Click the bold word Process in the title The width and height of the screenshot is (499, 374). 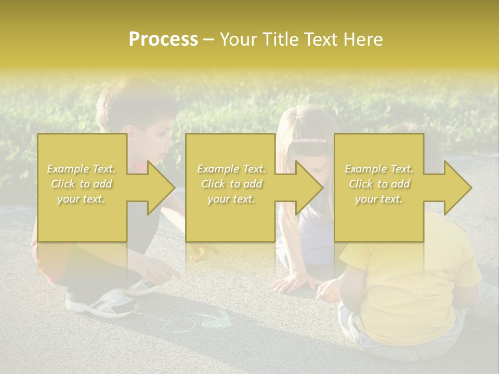click(x=163, y=39)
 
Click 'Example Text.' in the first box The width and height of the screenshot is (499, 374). click(x=81, y=169)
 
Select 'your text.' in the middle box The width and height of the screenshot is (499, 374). click(x=231, y=199)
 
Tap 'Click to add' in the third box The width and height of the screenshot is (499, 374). click(x=379, y=184)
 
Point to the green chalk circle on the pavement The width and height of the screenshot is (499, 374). click(x=179, y=325)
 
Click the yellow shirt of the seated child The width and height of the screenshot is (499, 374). click(x=411, y=280)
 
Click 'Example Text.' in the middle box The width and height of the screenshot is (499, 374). click(x=231, y=169)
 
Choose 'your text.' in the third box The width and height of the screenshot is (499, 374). click(x=379, y=199)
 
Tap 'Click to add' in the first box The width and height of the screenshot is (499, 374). click(x=81, y=184)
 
